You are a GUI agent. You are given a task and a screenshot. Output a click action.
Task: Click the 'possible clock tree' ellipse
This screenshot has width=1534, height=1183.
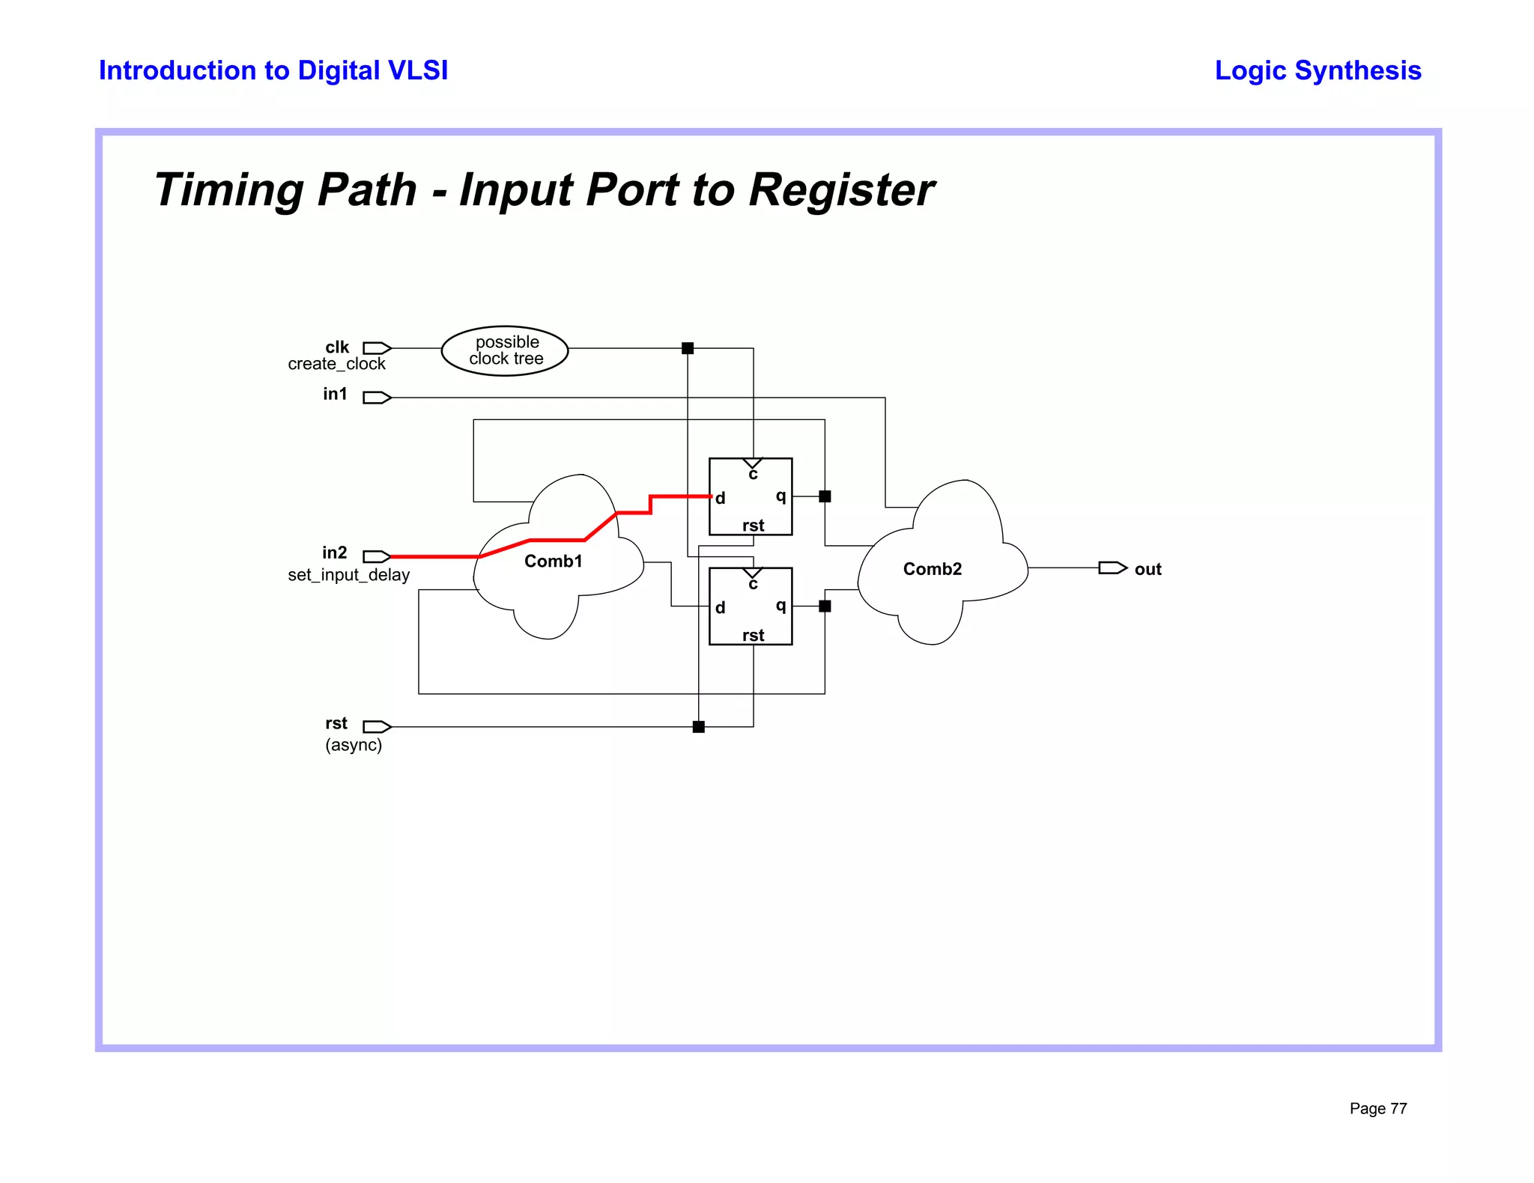point(505,350)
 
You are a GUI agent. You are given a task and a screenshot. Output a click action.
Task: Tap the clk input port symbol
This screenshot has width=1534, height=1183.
point(377,348)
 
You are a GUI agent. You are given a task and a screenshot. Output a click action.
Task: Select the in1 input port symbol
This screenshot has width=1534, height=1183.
point(377,398)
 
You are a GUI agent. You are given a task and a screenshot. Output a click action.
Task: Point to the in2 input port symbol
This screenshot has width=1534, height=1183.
point(377,556)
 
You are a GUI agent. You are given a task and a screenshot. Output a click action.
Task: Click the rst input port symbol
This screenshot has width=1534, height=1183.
point(377,726)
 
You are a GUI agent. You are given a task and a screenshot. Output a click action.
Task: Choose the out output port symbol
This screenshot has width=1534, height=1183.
point(1112,568)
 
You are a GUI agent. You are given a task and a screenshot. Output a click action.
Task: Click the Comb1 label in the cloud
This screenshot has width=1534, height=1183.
point(553,562)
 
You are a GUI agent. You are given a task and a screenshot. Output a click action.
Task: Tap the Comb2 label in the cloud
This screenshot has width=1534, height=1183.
point(932,569)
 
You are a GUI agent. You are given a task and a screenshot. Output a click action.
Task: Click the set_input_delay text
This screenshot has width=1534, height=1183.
point(348,575)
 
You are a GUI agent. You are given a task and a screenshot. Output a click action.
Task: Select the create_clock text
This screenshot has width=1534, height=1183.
point(336,364)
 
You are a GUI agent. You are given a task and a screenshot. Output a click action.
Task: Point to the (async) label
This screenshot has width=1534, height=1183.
point(353,745)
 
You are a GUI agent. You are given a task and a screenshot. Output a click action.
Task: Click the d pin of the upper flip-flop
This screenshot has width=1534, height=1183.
point(720,499)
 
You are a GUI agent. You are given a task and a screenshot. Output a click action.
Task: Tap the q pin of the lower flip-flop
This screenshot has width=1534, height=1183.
point(780,606)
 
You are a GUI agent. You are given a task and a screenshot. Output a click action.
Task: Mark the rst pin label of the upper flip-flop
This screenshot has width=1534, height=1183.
point(753,526)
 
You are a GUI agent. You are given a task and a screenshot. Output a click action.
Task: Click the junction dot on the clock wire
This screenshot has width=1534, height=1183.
point(688,348)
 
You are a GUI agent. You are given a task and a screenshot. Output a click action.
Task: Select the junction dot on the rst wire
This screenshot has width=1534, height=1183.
point(699,726)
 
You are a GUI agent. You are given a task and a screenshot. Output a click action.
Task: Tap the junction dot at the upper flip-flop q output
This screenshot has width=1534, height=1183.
point(825,496)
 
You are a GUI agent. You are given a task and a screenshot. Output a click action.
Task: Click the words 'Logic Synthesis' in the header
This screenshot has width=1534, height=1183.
point(1318,70)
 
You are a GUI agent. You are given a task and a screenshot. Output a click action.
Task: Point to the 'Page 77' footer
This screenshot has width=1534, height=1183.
point(1377,1108)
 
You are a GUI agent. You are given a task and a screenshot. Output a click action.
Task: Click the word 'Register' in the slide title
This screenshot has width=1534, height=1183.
point(841,189)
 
